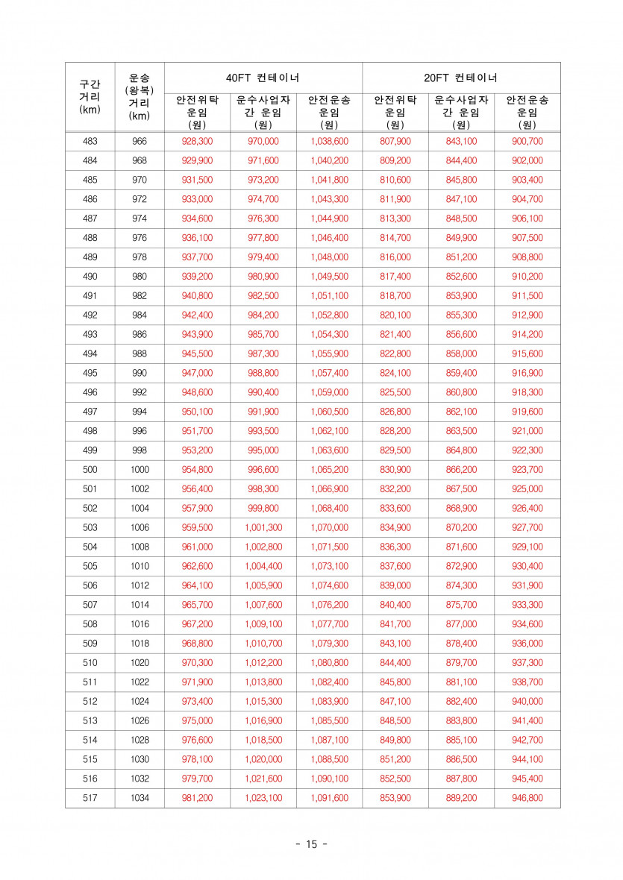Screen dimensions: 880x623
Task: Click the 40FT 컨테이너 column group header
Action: pyautogui.click(x=263, y=78)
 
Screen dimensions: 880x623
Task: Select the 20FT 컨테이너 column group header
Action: pyautogui.click(x=461, y=78)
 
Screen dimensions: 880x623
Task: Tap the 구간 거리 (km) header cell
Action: pyautogui.click(x=90, y=97)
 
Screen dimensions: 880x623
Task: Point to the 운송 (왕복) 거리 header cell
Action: pyautogui.click(x=140, y=97)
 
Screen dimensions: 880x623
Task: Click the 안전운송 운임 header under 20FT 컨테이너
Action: pyautogui.click(x=527, y=112)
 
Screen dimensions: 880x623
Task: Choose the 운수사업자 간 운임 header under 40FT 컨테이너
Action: pyautogui.click(x=263, y=112)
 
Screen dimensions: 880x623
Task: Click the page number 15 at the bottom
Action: pyautogui.click(x=311, y=844)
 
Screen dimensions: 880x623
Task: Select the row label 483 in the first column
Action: pyautogui.click(x=90, y=142)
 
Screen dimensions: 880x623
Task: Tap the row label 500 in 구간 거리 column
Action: pyautogui.click(x=90, y=470)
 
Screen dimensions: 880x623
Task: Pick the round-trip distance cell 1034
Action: pyautogui.click(x=140, y=798)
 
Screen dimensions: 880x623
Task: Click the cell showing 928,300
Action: pyautogui.click(x=197, y=142)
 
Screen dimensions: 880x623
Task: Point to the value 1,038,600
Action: pyautogui.click(x=329, y=142)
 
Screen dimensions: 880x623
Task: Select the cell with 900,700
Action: pyautogui.click(x=527, y=142)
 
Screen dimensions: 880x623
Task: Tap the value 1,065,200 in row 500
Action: pyautogui.click(x=329, y=470)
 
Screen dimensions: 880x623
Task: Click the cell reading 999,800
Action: pyautogui.click(x=263, y=509)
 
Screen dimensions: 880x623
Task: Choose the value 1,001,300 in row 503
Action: pyautogui.click(x=263, y=528)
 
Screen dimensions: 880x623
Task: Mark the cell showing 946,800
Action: pyautogui.click(x=527, y=798)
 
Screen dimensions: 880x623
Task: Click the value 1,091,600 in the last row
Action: pyautogui.click(x=329, y=798)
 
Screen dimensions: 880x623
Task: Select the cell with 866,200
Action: pyautogui.click(x=461, y=470)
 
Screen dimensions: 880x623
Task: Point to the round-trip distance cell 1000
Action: pyautogui.click(x=140, y=470)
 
